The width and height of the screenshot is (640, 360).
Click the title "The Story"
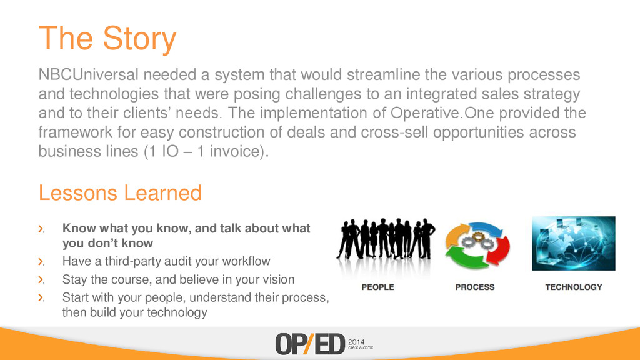[107, 39]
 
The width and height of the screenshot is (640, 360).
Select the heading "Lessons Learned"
[121, 192]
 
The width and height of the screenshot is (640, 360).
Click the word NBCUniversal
[89, 75]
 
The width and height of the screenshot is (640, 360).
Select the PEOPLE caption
[377, 287]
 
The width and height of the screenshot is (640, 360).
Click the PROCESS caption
[475, 287]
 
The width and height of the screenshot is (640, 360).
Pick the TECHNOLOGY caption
[574, 287]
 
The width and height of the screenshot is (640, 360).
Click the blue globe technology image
[574, 243]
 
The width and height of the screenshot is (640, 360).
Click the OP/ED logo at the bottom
[310, 344]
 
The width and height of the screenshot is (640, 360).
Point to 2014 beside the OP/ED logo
[356, 342]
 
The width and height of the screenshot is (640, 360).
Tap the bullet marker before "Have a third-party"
[41, 262]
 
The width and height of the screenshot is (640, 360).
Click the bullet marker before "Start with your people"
[41, 298]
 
